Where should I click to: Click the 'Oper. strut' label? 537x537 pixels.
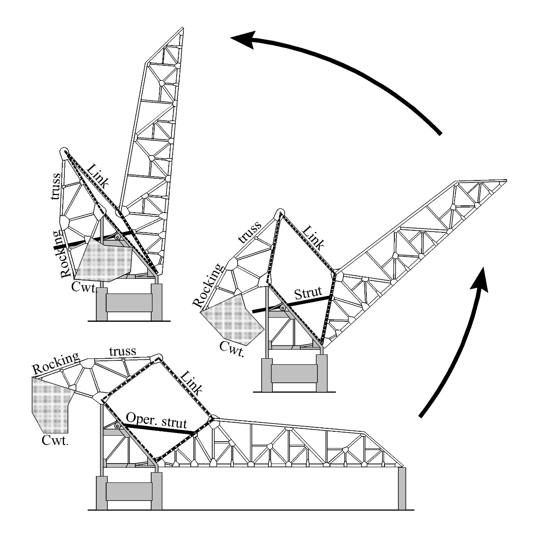[x=156, y=421]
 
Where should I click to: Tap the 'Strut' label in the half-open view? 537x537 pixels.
[x=308, y=293]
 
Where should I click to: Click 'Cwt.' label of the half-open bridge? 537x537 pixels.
[x=232, y=348]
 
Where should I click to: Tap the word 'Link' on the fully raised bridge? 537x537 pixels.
[x=98, y=176]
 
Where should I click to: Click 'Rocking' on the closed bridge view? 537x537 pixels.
[x=56, y=363]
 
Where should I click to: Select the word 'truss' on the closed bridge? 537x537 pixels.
[x=122, y=351]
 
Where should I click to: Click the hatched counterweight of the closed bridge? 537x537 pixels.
[x=51, y=404]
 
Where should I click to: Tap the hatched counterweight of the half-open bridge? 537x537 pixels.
[x=232, y=318]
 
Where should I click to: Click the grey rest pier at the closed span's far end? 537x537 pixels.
[x=402, y=488]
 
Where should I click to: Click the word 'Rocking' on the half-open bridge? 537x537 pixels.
[x=208, y=286]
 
